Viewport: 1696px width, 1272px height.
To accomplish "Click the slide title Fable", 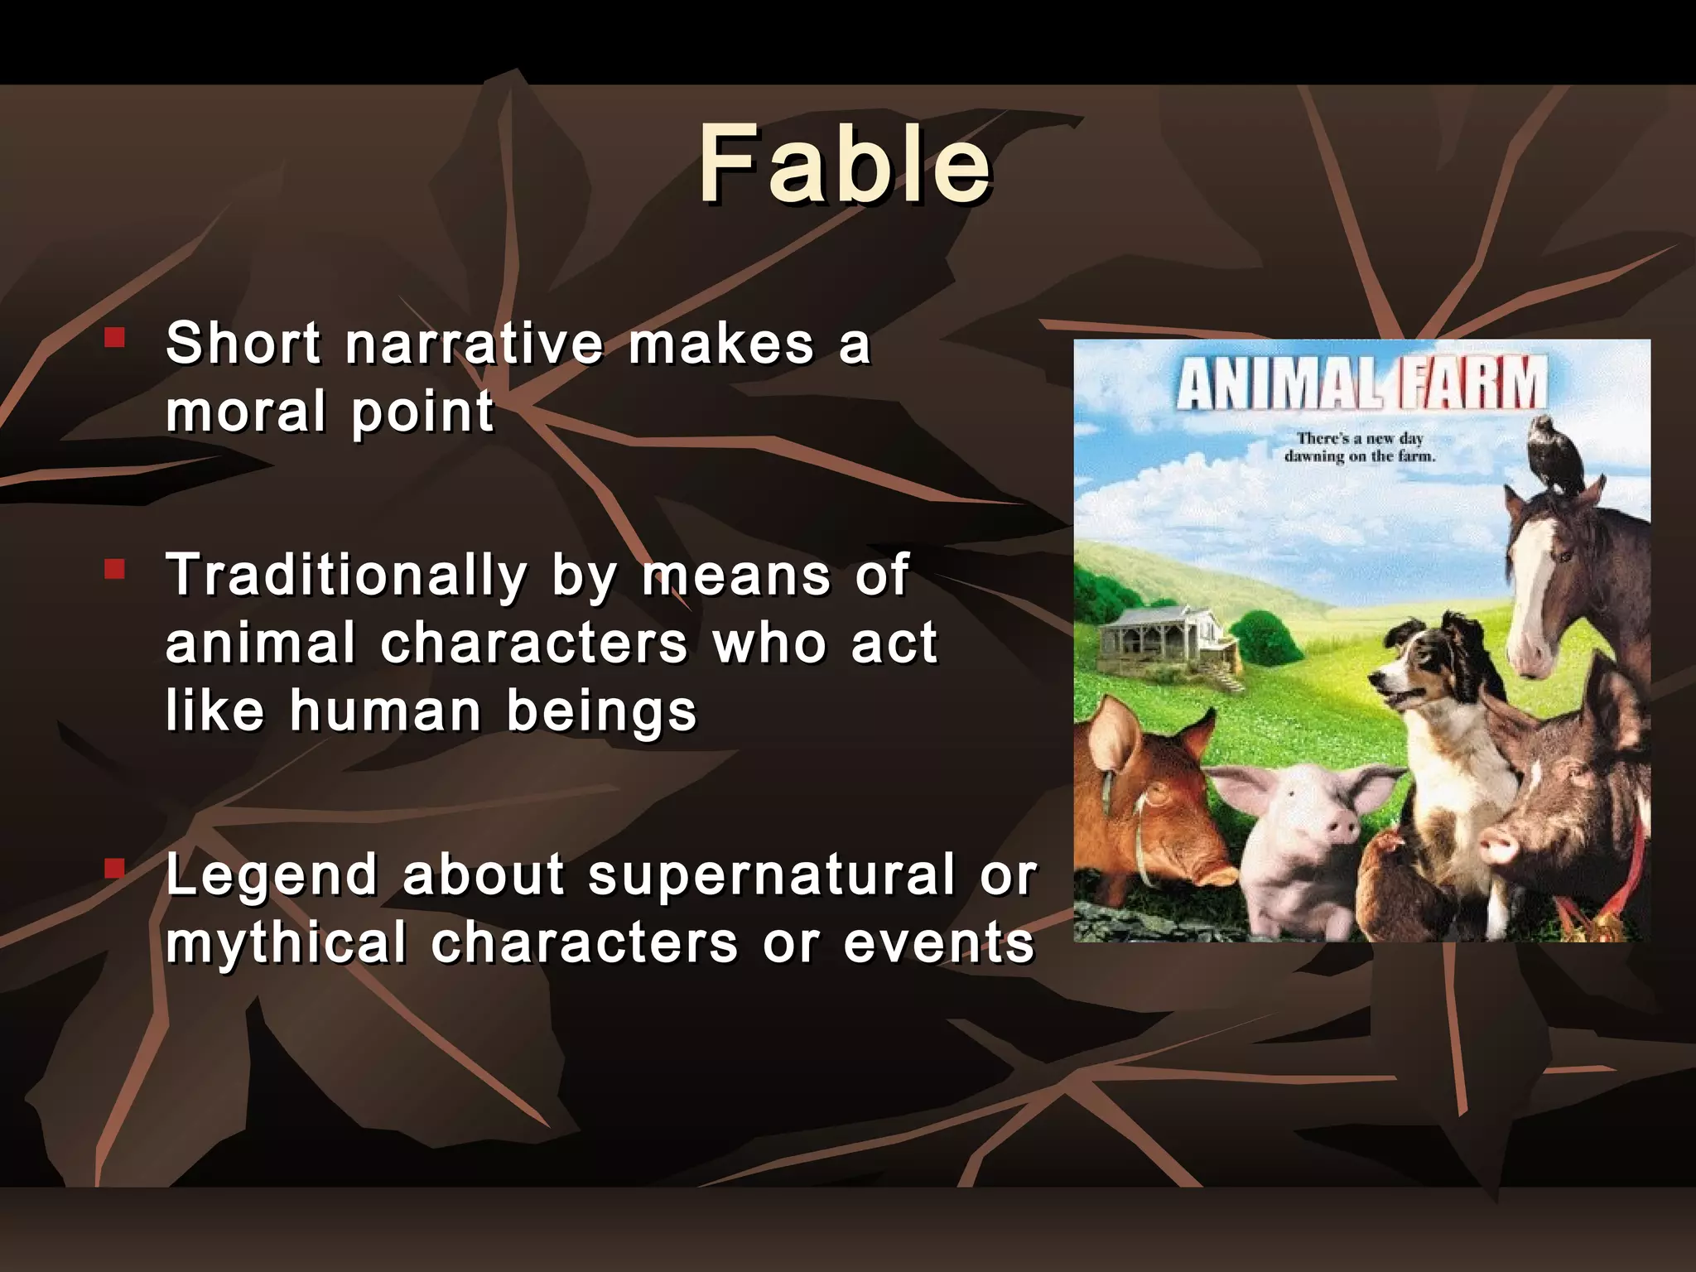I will (x=845, y=163).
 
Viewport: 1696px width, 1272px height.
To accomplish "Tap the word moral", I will (x=246, y=412).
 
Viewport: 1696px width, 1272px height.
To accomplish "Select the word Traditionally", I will (x=347, y=575).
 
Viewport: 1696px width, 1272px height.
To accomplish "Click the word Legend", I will (x=272, y=874).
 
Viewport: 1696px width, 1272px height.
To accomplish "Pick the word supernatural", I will (x=772, y=874).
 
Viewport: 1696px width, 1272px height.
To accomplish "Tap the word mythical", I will (x=286, y=942).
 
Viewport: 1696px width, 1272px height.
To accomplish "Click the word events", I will (x=939, y=942).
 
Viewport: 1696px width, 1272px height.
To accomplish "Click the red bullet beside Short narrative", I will (x=114, y=337).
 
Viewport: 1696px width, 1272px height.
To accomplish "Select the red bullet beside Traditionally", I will (x=114, y=569).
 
